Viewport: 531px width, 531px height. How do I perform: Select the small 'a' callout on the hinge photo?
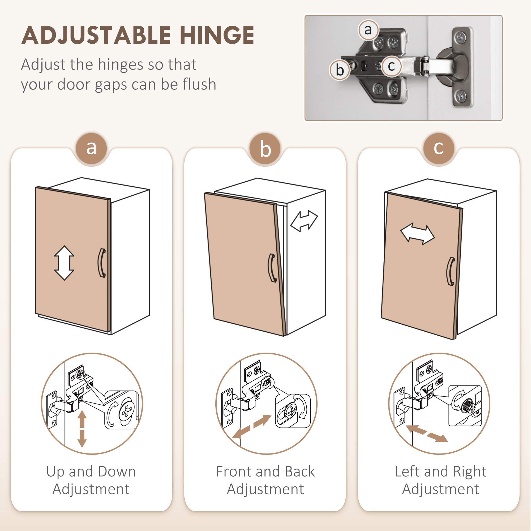(368, 30)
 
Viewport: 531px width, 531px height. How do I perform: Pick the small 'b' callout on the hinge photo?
(340, 70)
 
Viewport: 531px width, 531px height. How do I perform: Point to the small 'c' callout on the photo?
(391, 66)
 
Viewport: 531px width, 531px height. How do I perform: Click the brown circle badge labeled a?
(91, 148)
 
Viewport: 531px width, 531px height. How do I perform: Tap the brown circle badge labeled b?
(265, 148)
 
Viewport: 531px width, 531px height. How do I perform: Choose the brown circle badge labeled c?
(439, 148)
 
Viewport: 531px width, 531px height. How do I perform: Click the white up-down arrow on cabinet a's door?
(64, 263)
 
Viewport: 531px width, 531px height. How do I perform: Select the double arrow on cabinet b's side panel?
(304, 221)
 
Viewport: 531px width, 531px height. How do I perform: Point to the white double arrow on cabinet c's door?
(417, 234)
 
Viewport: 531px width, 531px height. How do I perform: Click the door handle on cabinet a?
(101, 263)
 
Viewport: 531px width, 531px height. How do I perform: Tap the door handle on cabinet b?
(272, 268)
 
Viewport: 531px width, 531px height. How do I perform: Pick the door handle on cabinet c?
(451, 272)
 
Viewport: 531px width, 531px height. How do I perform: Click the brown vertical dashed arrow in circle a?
(82, 429)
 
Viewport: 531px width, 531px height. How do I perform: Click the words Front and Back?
(265, 471)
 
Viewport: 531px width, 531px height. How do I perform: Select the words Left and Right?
(440, 472)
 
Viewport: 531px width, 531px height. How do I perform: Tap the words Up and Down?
(91, 472)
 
